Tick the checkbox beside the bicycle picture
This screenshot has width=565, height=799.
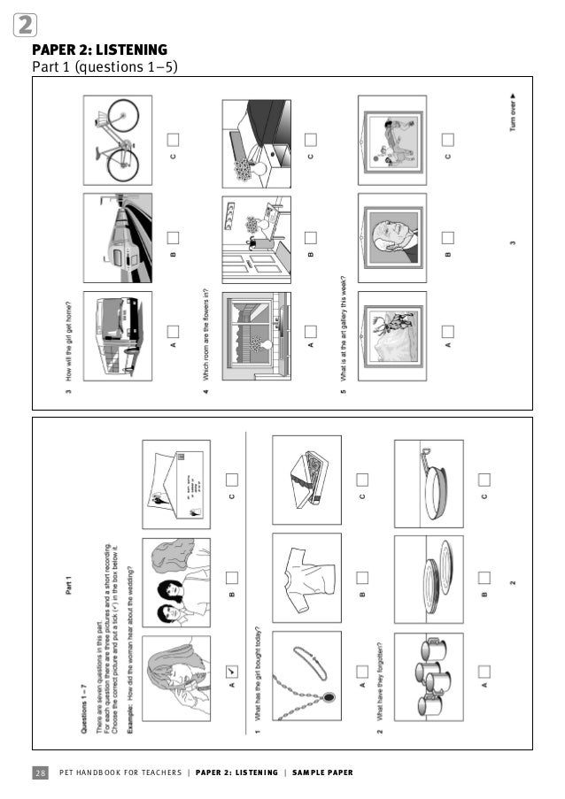[174, 139]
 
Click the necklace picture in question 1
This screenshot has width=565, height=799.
[306, 671]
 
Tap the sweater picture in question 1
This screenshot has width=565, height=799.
[306, 576]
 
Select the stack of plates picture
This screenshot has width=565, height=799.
[429, 576]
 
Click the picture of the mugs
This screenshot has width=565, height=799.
[429, 671]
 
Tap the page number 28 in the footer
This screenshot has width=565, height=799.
[41, 772]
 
